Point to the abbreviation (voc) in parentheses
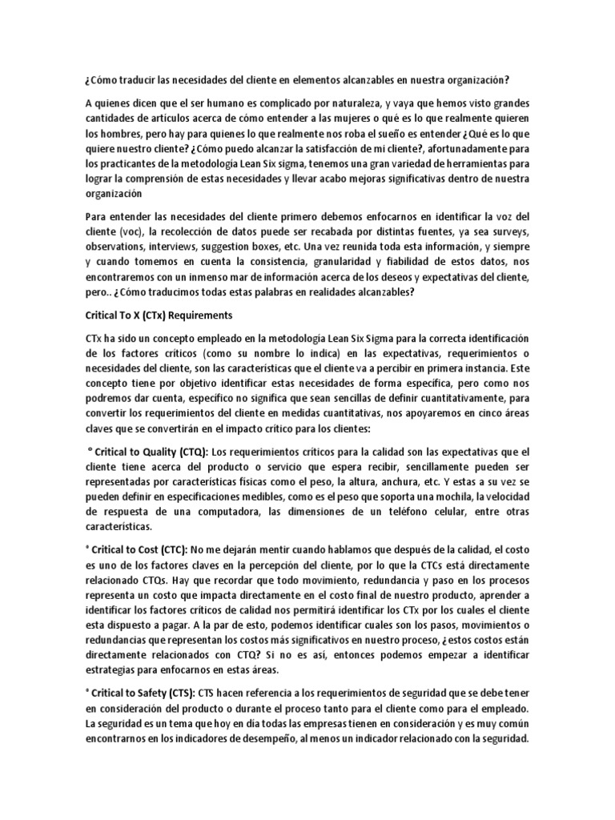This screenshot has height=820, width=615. [x=118, y=232]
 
